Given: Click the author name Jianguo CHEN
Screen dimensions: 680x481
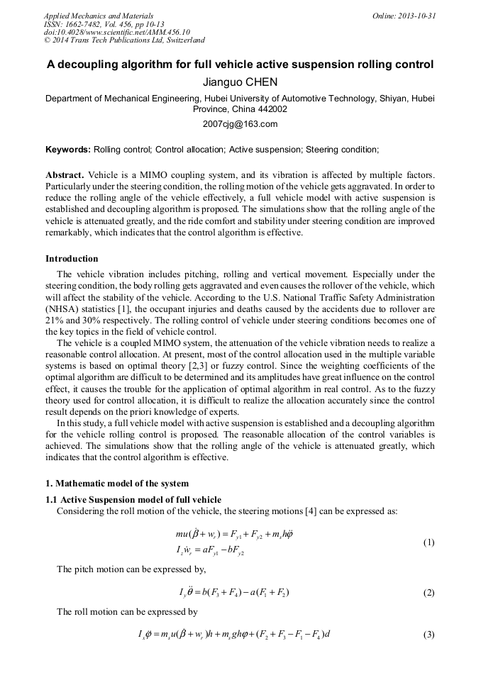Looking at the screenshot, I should pos(240,82).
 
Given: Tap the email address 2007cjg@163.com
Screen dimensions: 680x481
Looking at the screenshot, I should pos(240,123).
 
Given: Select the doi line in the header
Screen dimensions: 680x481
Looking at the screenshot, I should pos(117,32).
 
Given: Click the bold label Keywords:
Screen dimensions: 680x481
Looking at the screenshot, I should pos(68,150).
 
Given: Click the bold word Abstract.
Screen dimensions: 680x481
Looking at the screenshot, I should pos(65,174).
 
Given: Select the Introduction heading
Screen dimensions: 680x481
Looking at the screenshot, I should pos(72,258).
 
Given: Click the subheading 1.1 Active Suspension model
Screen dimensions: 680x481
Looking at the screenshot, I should pos(133,499).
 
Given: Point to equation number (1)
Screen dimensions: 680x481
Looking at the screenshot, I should pos(429,542).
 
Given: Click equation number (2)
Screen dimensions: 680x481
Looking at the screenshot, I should pos(429,593).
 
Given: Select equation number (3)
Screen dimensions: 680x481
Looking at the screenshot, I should pos(429,634).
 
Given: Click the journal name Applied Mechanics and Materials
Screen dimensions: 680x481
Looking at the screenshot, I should pos(99,16).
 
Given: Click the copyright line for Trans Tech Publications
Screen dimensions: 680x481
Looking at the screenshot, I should pos(125,40).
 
